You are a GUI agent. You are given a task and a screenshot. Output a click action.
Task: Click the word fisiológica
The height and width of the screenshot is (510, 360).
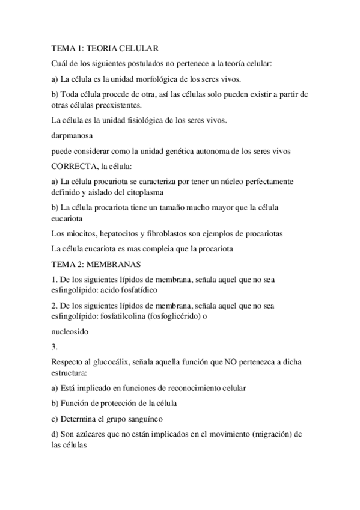(x=139, y=120)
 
